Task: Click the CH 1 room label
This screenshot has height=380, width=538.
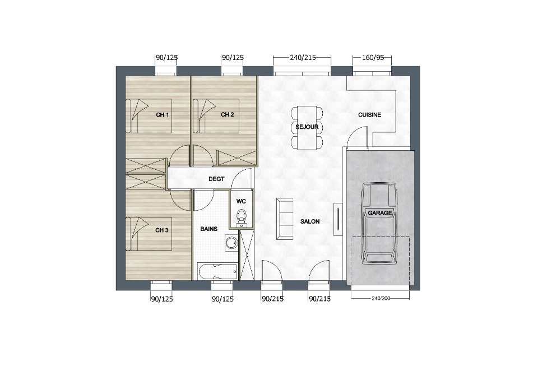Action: pos(163,115)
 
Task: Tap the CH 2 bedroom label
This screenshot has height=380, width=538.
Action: pos(227,115)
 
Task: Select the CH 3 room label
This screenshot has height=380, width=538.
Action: pos(161,230)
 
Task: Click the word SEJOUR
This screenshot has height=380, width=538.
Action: pos(307,127)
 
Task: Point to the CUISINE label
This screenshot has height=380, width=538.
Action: pos(369,115)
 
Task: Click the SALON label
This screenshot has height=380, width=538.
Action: pos(310,222)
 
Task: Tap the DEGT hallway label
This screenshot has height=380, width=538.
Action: pos(216,179)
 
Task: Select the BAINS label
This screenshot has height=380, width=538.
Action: pos(209,229)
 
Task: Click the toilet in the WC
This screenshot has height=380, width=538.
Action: pos(242,217)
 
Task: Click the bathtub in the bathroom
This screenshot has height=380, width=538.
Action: pos(217,271)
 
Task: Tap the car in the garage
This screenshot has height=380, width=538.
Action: pos(379,224)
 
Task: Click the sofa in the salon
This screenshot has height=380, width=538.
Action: pos(285,219)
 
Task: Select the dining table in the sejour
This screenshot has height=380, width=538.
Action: pos(307,128)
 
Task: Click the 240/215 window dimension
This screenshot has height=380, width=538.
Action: pos(303,58)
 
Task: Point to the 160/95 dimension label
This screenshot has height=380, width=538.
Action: pos(373,58)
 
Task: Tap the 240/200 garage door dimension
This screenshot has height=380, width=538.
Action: pos(381,298)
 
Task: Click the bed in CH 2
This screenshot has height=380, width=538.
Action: pos(216,116)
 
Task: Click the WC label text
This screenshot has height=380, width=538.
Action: pos(241,202)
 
